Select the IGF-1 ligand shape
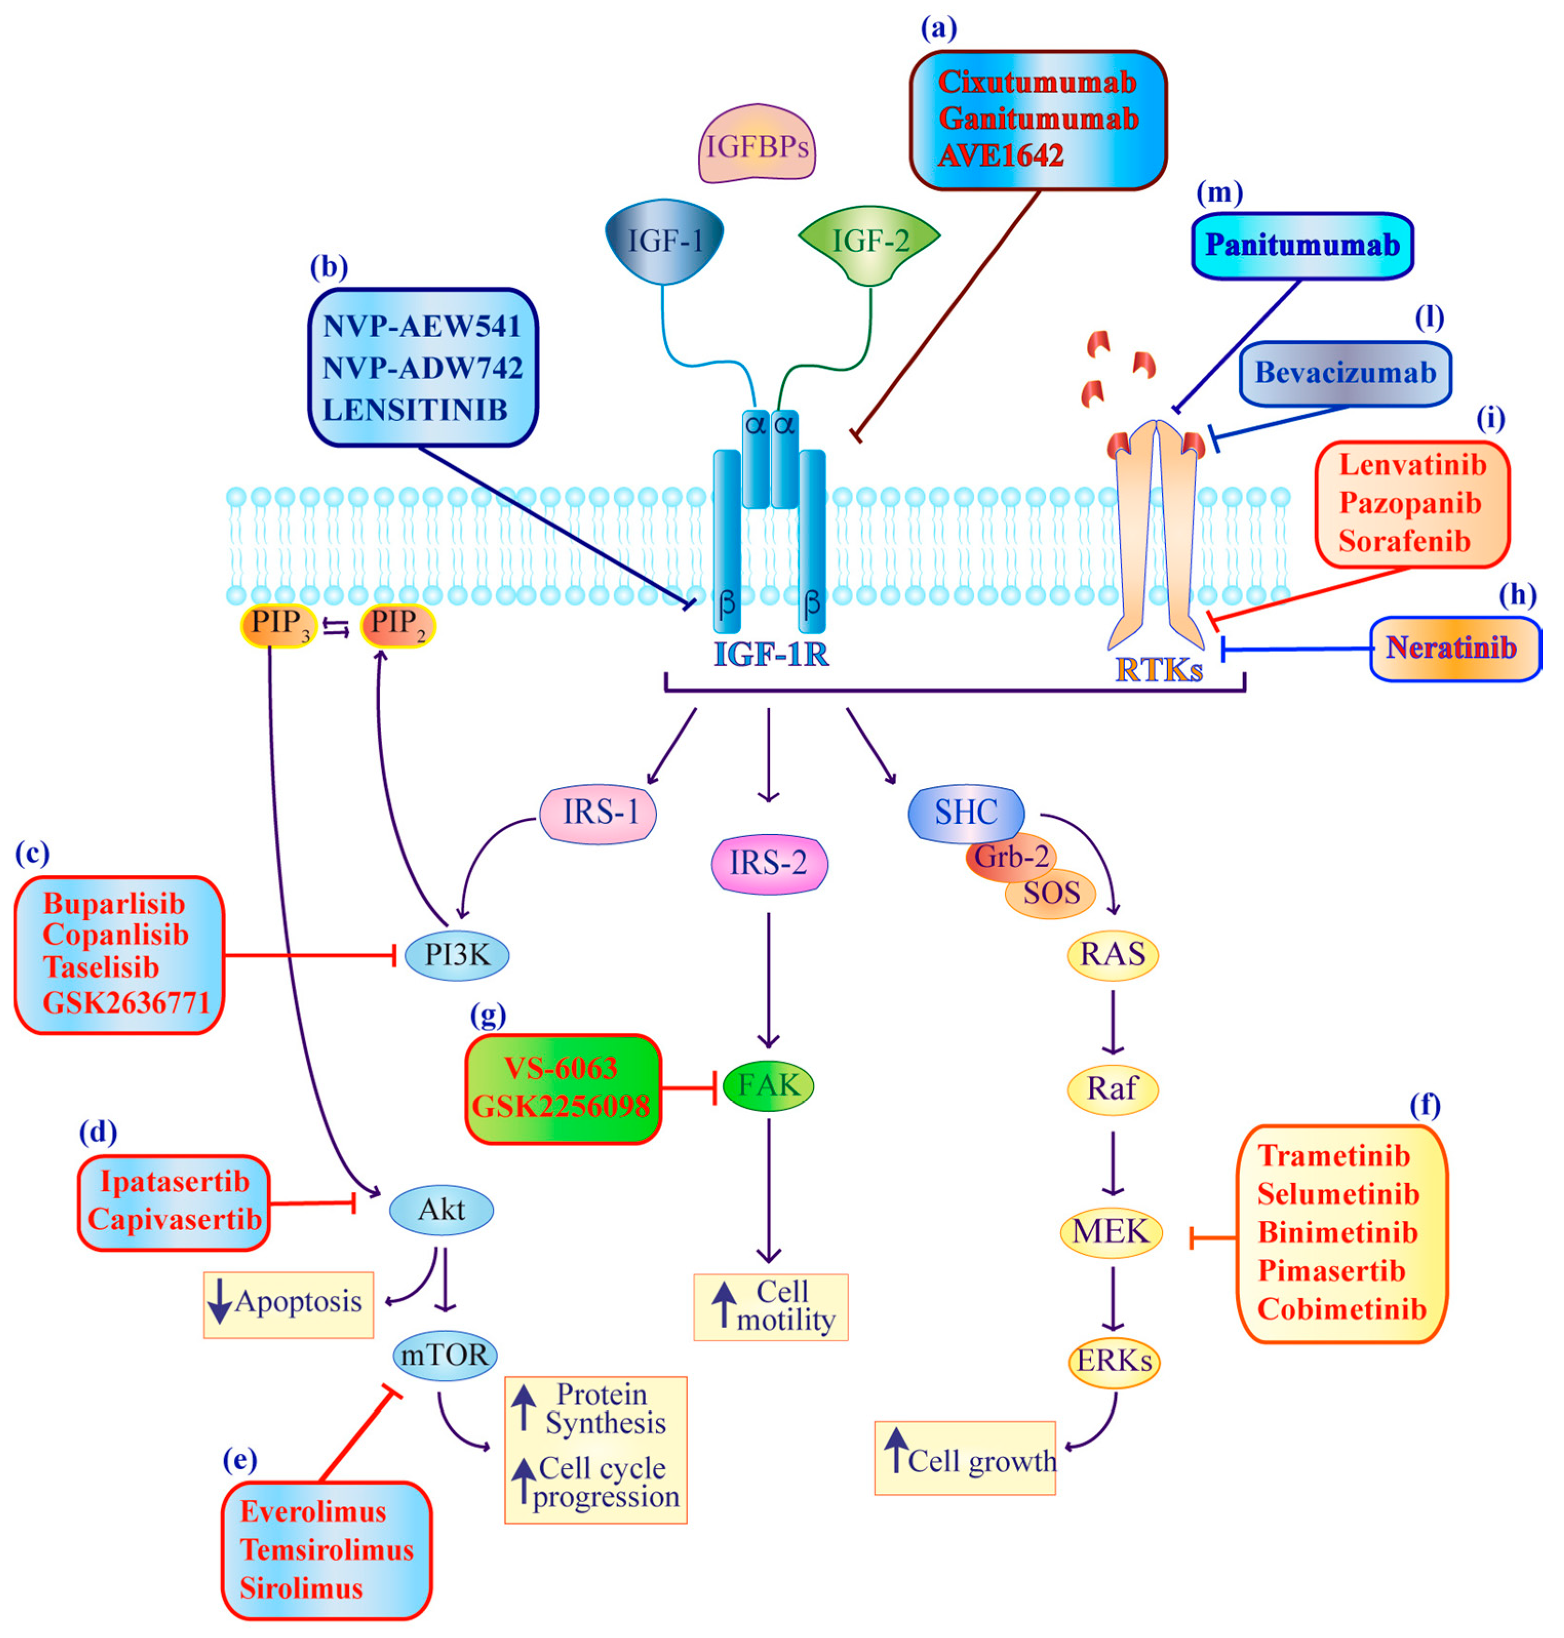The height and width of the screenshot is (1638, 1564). point(664,241)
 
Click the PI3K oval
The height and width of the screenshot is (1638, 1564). point(457,955)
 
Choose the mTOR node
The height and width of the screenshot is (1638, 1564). point(444,1355)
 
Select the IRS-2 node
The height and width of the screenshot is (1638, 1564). point(768,863)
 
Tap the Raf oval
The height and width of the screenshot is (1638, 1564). point(1112,1089)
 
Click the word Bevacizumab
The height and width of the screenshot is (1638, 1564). point(1345,372)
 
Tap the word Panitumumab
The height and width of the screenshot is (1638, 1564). point(1302,245)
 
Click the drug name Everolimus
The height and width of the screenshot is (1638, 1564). point(313,1511)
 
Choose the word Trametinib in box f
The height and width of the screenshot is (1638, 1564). point(1334,1155)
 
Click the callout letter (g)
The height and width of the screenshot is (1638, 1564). point(488,1015)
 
